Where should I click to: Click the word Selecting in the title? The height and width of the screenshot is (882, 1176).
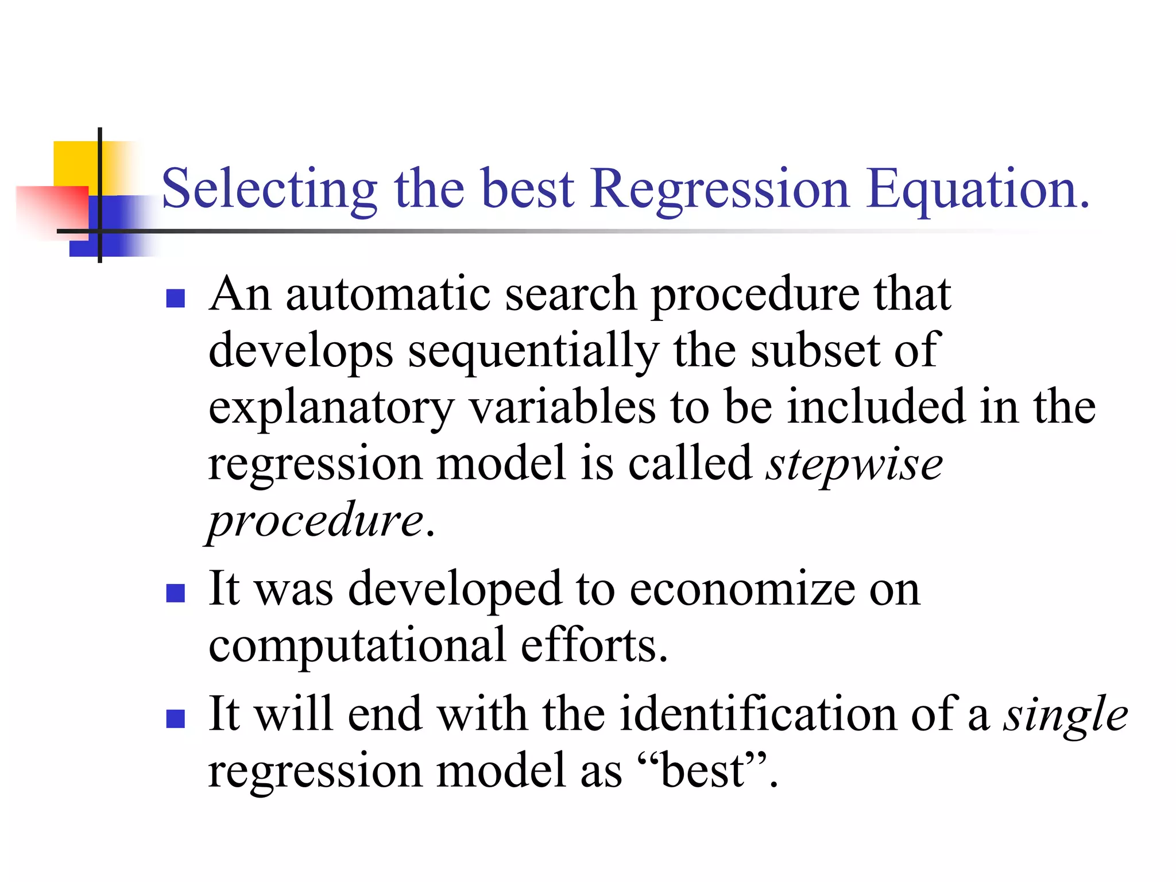point(269,189)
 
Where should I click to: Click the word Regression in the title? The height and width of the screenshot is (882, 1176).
point(719,189)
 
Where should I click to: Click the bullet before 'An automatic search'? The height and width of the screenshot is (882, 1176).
point(175,299)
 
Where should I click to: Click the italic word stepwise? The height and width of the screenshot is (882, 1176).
point(854,464)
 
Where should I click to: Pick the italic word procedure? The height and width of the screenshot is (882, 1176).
point(315,520)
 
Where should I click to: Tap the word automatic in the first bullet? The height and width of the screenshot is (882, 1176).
point(388,294)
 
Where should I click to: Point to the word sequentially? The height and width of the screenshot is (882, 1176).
point(533,351)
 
